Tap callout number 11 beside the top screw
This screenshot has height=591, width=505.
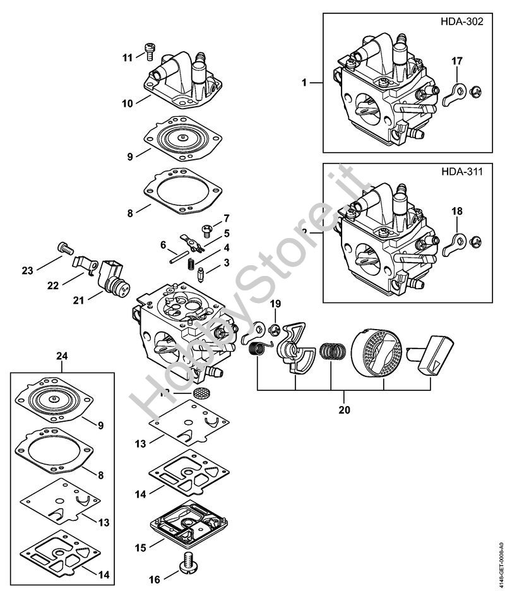[128, 57]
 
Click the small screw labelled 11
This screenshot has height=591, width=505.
[150, 49]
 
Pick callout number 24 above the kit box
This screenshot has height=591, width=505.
[62, 357]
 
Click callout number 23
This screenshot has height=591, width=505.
[27, 271]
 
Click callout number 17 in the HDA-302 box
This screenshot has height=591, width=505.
[456, 61]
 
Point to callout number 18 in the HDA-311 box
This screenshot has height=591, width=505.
[456, 210]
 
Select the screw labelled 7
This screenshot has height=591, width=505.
[205, 229]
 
